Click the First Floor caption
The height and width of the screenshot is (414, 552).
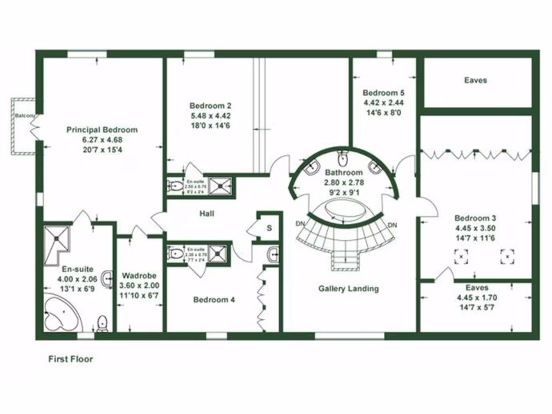pos(71,359)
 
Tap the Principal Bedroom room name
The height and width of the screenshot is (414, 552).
pos(102,129)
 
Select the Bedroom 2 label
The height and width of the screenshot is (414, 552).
pos(211,105)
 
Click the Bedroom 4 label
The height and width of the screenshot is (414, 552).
pos(214,300)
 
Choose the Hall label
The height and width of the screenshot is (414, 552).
pos(207,214)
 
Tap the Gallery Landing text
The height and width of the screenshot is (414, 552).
pos(348,288)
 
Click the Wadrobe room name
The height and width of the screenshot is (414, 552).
pos(139,275)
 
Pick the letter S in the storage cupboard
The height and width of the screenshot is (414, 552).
pos(269,228)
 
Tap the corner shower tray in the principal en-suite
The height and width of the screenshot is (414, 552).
pos(57,239)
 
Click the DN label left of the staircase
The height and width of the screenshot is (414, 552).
pos(301,224)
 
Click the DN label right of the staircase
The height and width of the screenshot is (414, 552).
pos(392,224)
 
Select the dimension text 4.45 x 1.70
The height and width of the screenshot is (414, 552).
pos(476,297)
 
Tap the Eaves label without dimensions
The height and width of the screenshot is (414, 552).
pos(475,80)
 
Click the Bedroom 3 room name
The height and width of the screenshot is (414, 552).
pos(475,218)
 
